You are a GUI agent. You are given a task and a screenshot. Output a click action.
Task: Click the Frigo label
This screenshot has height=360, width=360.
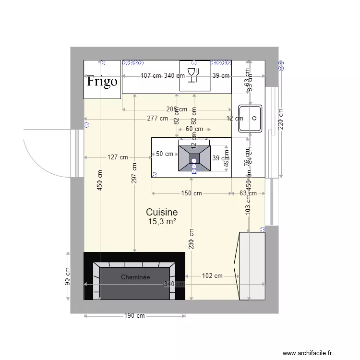tap(102, 81)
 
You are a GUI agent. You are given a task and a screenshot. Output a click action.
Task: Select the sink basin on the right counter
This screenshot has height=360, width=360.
tap(250, 118)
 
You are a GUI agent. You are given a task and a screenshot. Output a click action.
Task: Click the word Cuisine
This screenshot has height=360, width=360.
tap(162, 212)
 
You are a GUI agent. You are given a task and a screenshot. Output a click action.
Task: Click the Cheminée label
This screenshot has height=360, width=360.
tap(135, 277)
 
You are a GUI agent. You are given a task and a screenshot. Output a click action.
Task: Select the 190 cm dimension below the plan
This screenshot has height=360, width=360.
tap(134, 316)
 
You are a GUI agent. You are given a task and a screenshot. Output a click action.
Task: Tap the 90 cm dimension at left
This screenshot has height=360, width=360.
tap(68, 276)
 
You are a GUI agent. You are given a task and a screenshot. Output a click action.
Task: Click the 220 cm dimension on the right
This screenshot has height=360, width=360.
tap(281, 119)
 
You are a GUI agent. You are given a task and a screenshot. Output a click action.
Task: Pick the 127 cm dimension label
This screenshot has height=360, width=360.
tap(118, 157)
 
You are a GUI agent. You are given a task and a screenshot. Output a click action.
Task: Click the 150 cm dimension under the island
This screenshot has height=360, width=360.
tap(191, 193)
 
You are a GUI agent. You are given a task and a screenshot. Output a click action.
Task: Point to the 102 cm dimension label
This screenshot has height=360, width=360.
tap(212, 276)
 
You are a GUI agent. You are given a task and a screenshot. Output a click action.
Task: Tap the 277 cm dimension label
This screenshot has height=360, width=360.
tap(157, 118)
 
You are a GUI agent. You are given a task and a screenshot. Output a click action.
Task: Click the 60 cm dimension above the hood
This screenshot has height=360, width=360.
tap(194, 129)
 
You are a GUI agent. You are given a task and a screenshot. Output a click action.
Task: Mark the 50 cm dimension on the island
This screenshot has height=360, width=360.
tap(165, 154)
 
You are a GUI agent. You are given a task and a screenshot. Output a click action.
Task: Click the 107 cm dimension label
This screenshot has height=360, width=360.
tap(151, 75)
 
